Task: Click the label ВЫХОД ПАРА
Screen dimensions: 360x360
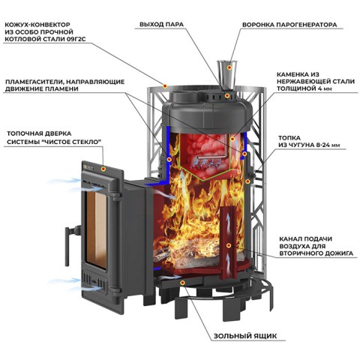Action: point(161,25)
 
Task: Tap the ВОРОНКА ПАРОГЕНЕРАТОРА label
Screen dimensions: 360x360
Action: point(289,25)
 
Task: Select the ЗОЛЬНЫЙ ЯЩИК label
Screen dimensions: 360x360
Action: point(245,336)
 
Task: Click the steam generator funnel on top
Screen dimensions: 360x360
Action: point(227,74)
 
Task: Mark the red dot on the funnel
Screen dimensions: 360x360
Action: point(229,67)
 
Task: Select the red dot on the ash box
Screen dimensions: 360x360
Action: point(183,283)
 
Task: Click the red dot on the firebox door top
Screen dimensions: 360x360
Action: point(103,169)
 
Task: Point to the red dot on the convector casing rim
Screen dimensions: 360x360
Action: point(165,86)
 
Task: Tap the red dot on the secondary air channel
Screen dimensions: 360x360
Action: point(228,245)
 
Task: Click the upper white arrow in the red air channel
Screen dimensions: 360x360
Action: point(228,220)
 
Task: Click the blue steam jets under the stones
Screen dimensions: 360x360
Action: point(205,164)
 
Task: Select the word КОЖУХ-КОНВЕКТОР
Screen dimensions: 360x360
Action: point(37,25)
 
